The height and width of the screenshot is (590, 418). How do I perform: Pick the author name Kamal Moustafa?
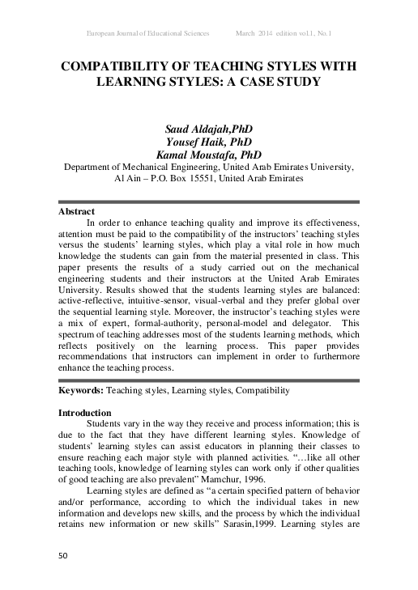197,155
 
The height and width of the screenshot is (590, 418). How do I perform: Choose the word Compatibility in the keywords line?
261,391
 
